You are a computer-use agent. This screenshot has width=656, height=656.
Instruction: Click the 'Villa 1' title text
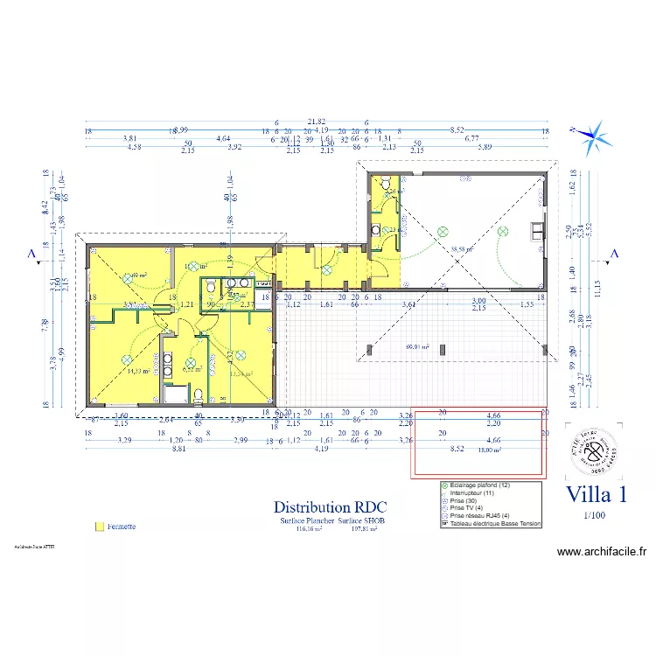(597, 494)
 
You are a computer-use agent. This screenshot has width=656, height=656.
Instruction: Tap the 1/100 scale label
(595, 515)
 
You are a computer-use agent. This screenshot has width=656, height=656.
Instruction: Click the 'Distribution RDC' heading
(330, 506)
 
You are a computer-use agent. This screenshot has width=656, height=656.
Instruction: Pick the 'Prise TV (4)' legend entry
(467, 508)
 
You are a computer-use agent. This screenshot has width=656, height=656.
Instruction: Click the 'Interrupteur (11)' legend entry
(472, 492)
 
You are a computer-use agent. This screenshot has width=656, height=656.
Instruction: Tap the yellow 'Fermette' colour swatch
(99, 527)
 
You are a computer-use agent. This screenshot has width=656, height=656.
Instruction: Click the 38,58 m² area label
(461, 248)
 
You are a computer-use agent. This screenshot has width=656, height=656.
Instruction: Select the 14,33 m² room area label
(138, 371)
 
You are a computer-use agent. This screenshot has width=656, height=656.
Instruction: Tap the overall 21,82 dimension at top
(316, 122)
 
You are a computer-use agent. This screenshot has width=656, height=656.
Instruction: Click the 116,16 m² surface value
(310, 528)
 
